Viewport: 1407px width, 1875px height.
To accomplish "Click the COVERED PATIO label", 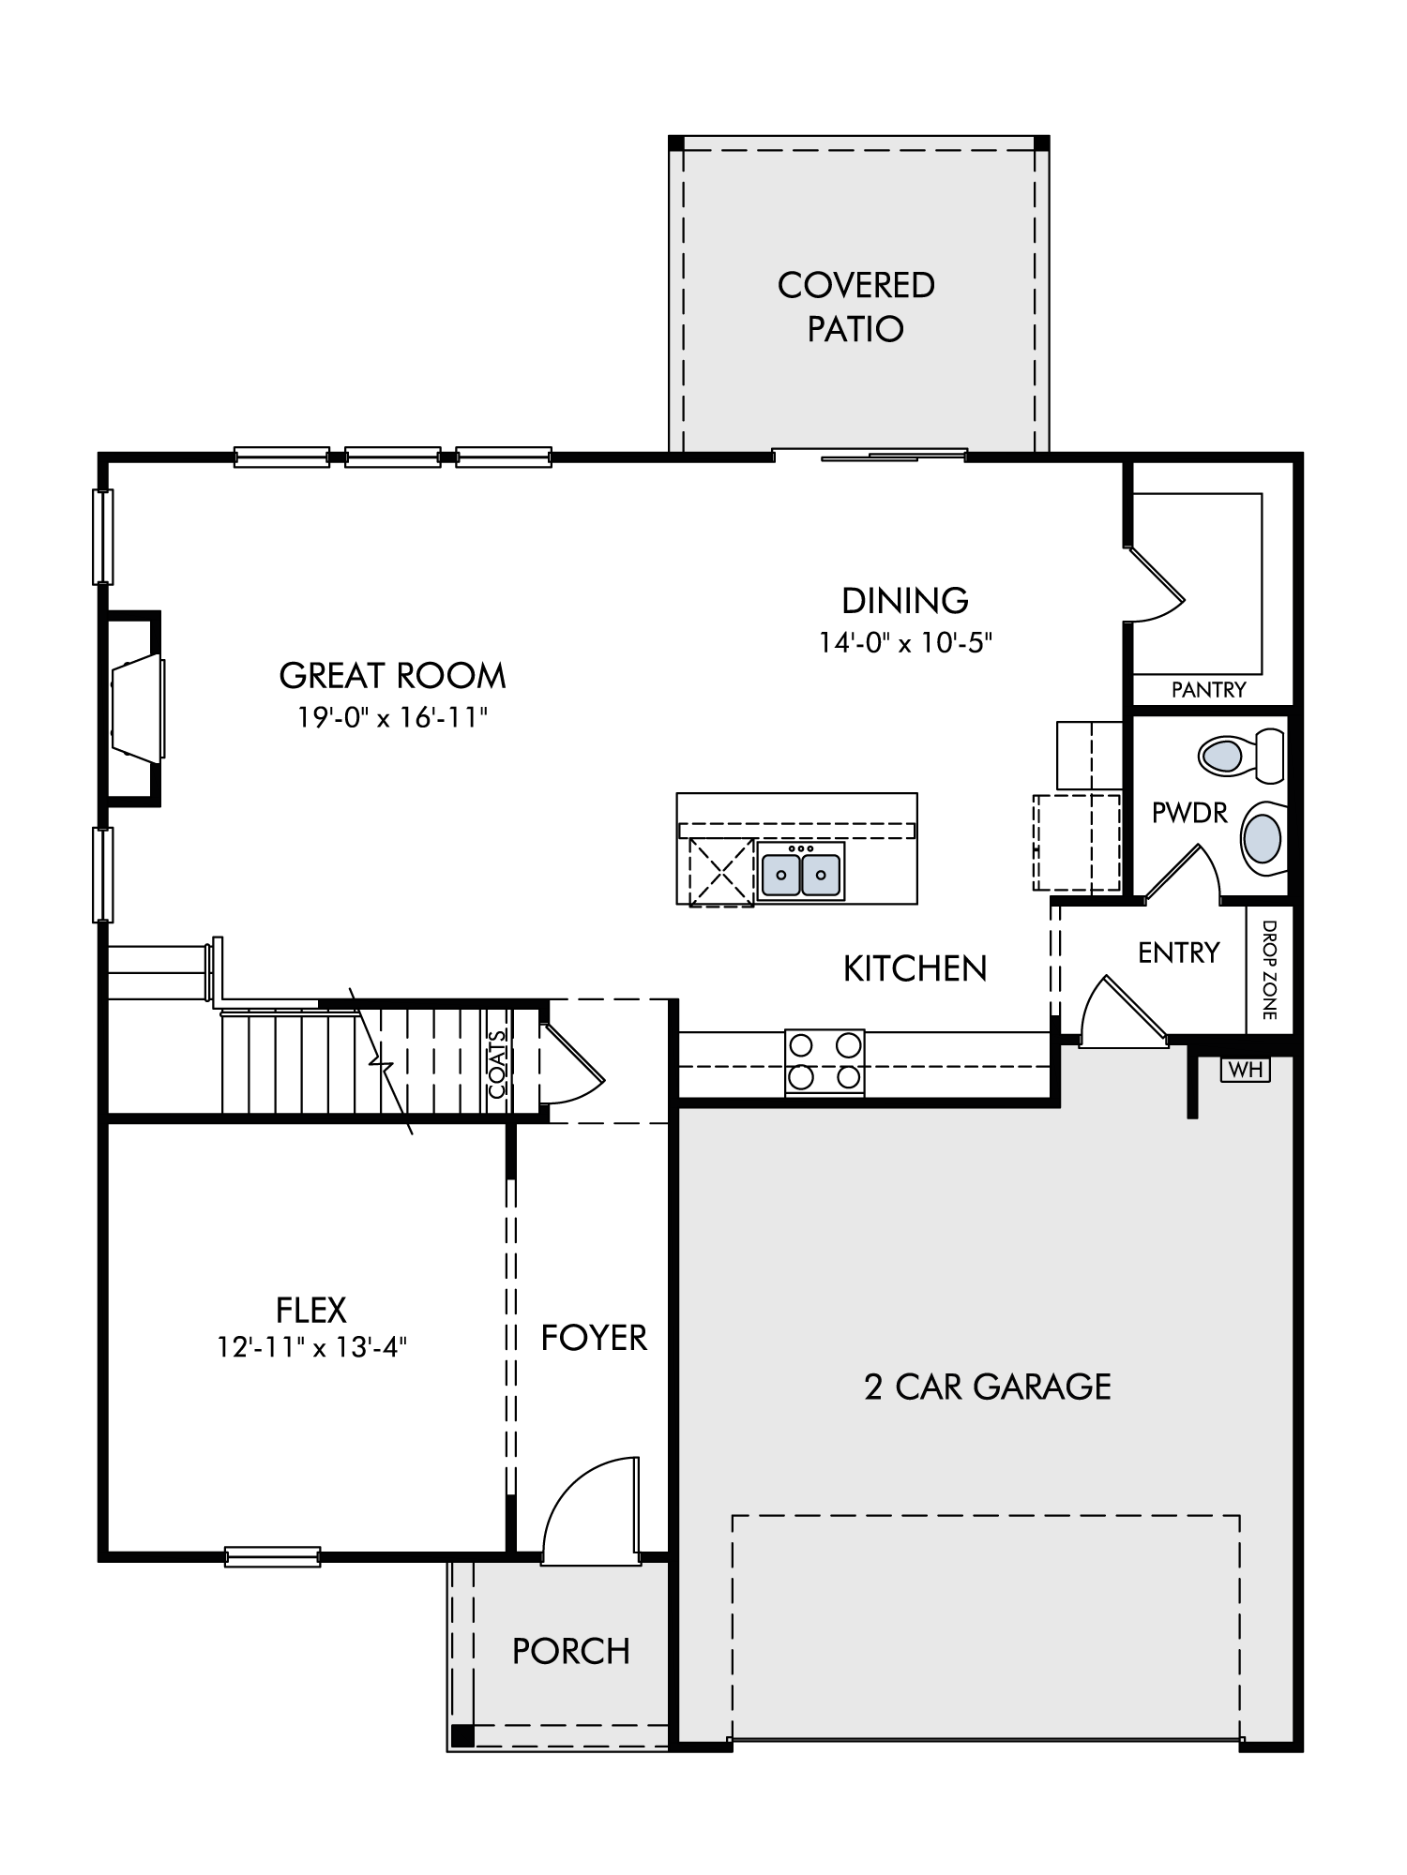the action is pos(855,307).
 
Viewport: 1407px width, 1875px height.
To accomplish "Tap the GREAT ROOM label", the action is pos(392,675).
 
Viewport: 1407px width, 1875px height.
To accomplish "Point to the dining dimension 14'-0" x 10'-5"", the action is pos(905,642).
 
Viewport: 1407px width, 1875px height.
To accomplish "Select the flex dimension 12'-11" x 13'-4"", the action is pos(311,1347).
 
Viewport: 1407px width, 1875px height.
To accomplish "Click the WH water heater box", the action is pos(1245,1070).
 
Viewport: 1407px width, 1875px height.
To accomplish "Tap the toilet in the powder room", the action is pos(1241,755).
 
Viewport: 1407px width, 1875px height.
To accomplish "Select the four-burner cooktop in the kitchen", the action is pos(825,1062).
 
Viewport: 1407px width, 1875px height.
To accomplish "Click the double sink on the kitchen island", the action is pos(801,872).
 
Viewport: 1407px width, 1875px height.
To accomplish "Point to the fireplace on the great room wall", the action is pos(133,708).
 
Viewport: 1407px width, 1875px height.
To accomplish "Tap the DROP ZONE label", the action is pos(1269,969).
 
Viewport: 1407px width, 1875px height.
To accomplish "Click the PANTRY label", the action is pos(1208,690).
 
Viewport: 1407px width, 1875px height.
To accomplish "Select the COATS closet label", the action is pos(497,1063).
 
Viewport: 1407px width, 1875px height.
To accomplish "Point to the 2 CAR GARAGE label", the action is pos(987,1386).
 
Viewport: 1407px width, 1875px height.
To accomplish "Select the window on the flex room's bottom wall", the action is pos(273,1557).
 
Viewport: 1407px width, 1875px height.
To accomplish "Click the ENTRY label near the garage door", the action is pos(1178,952).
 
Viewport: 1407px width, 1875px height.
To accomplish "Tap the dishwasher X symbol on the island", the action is pos(721,872).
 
